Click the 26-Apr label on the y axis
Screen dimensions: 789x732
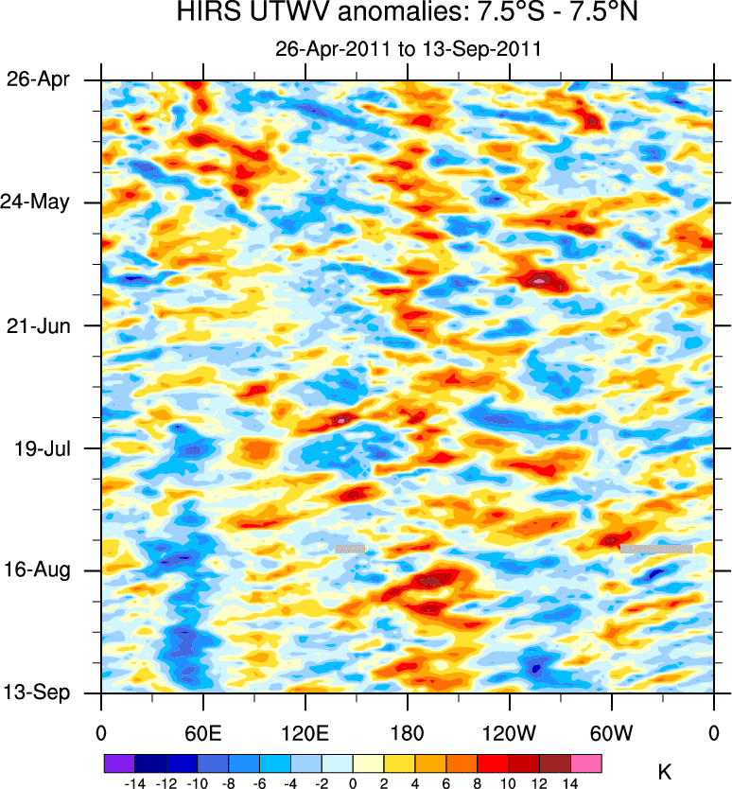coord(38,79)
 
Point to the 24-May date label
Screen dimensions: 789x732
coord(37,202)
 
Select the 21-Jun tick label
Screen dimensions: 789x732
coord(38,325)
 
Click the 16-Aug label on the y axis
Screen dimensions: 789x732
coord(38,570)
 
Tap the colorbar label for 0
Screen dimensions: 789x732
coord(352,783)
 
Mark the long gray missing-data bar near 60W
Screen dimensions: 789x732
coord(656,549)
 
